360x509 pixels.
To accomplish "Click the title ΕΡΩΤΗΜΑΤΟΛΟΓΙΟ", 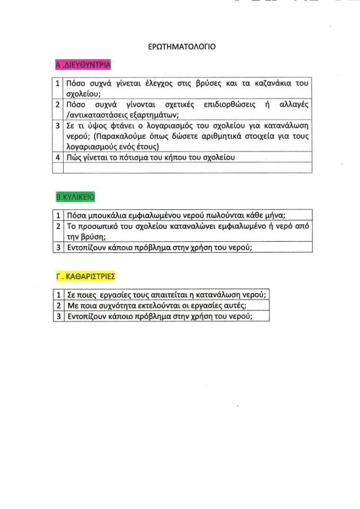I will coord(181,47).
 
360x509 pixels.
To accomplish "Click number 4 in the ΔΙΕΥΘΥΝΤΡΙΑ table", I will coord(57,157).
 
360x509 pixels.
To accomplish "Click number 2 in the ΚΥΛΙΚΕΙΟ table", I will coord(57,226).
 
